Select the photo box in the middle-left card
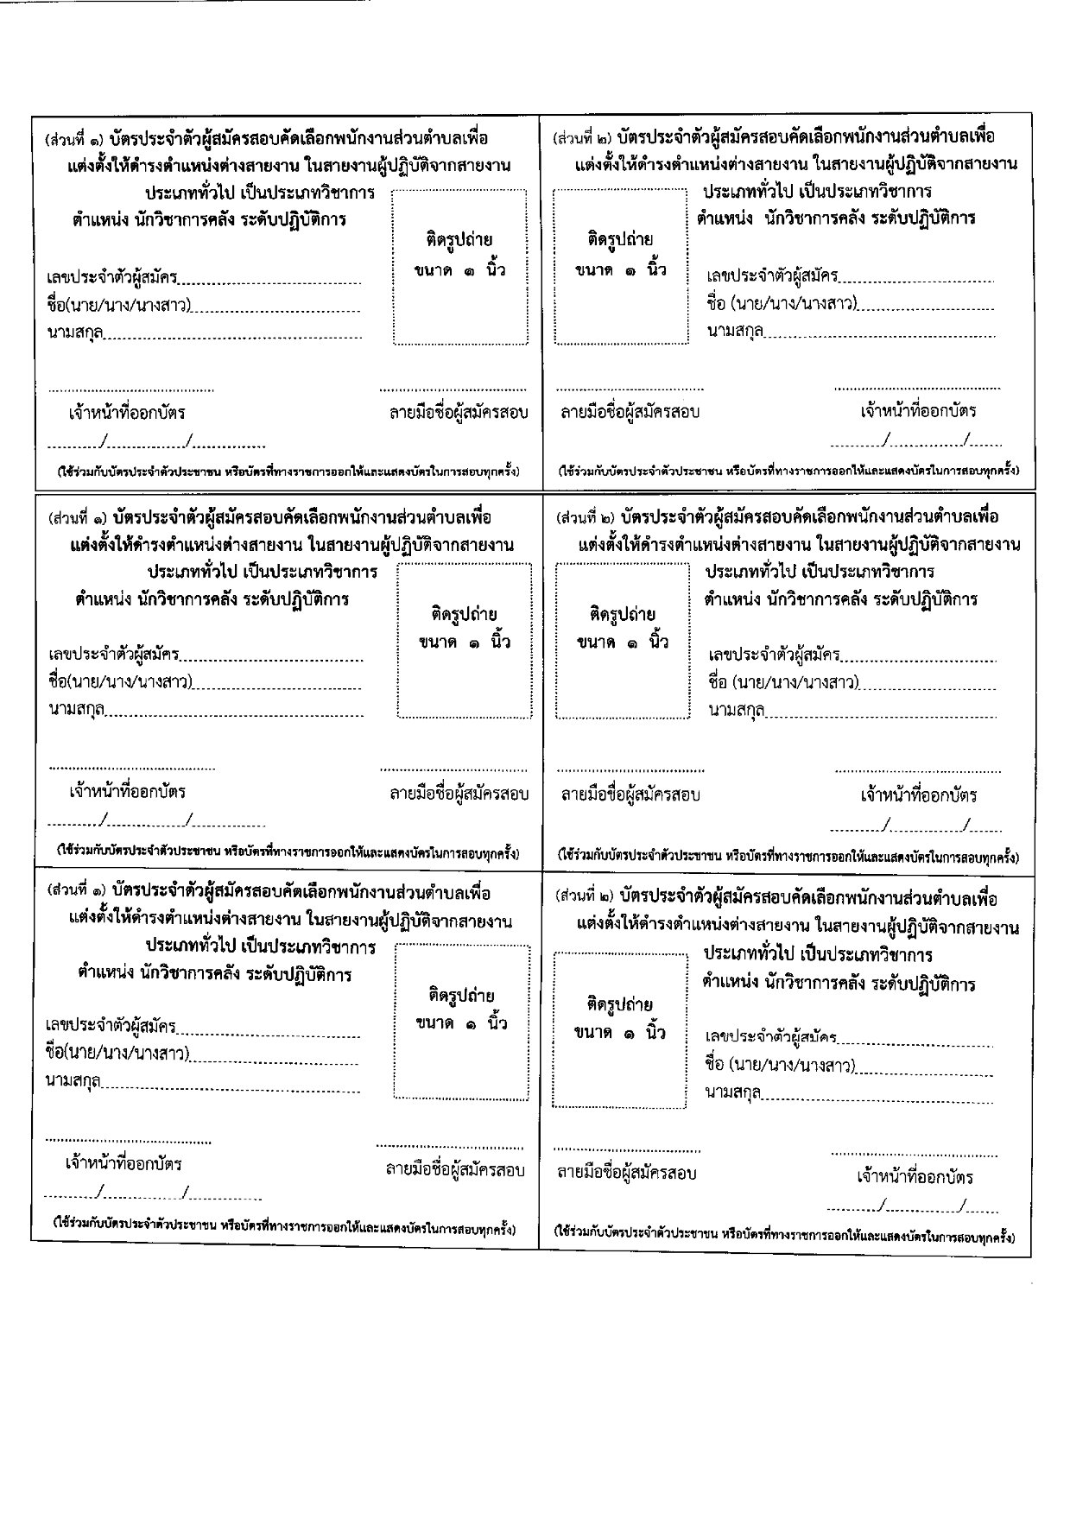tap(465, 640)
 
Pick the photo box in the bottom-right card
tap(619, 1029)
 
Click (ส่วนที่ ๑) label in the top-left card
tap(78, 139)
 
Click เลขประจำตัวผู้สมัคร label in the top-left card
tap(112, 277)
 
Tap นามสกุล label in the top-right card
tap(735, 331)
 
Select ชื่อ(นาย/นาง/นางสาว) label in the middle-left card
tap(120, 682)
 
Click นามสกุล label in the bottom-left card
tap(73, 1081)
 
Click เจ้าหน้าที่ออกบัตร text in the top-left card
tap(127, 413)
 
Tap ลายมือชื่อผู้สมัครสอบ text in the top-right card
tap(630, 412)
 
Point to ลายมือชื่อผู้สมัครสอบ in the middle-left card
tap(459, 794)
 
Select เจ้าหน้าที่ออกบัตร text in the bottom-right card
tap(915, 1177)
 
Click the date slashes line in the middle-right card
tap(915, 828)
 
